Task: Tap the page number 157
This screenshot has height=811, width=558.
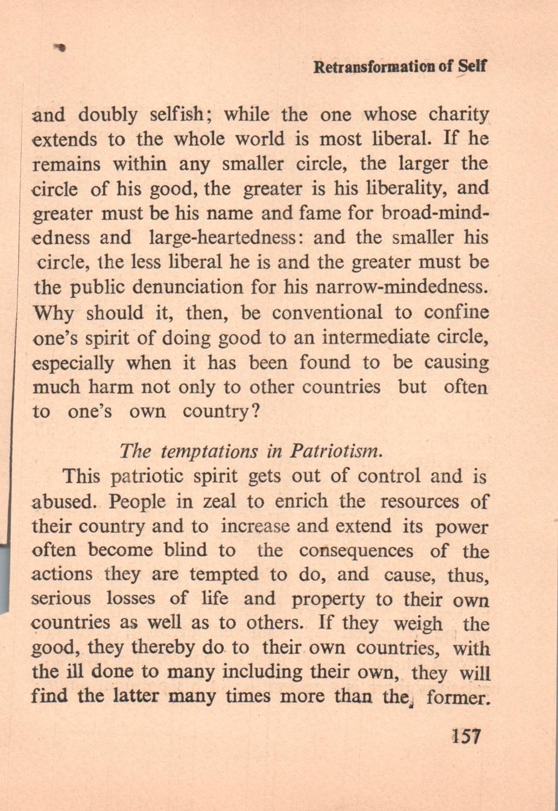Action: tap(465, 736)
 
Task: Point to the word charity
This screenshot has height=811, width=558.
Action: tap(458, 115)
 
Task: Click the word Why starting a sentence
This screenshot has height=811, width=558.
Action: tap(54, 313)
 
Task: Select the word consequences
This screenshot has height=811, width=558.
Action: tap(356, 551)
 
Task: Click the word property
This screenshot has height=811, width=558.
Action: tap(328, 600)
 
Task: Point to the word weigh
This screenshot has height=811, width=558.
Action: tap(417, 624)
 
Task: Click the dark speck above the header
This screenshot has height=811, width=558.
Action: tap(60, 46)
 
